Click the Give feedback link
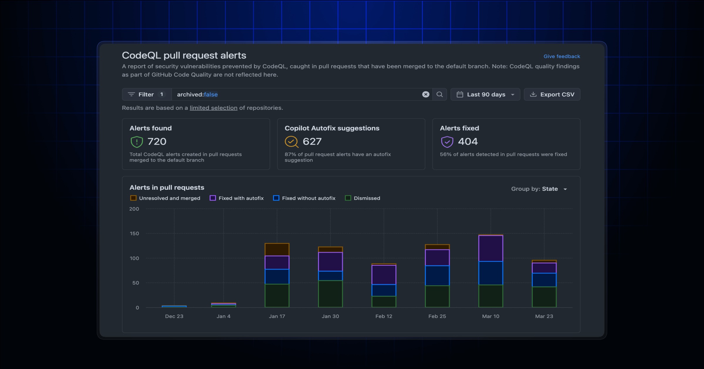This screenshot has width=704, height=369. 561,56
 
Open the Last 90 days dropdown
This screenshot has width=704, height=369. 485,94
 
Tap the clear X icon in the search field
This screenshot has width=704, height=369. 426,94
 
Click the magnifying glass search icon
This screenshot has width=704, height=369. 439,94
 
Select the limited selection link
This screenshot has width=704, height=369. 213,108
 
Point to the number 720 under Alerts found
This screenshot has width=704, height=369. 157,141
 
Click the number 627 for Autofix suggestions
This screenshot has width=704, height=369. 312,141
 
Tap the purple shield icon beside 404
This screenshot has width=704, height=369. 447,142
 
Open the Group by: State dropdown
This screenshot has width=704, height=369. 539,189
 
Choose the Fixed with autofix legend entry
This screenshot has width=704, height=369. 237,198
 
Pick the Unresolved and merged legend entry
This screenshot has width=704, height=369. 165,198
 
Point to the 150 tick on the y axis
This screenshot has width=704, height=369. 134,233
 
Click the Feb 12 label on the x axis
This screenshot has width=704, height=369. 384,316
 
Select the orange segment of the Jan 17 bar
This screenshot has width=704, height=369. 277,250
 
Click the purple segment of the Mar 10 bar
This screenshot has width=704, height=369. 490,248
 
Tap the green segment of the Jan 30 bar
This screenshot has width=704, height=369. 330,294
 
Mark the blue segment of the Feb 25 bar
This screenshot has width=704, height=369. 437,276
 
